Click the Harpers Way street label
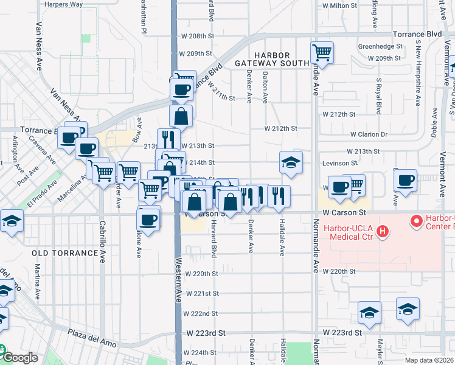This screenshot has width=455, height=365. (63, 4)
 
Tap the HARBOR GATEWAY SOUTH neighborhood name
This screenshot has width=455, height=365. (269, 59)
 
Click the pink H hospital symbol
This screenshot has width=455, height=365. (382, 230)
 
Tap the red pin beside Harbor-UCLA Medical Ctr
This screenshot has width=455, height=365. (417, 221)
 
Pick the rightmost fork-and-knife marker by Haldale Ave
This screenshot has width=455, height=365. (279, 195)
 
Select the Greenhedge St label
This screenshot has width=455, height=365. (380, 46)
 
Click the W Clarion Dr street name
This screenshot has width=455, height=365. (369, 134)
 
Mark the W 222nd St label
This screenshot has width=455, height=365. (200, 313)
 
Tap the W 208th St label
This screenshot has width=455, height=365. (199, 36)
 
